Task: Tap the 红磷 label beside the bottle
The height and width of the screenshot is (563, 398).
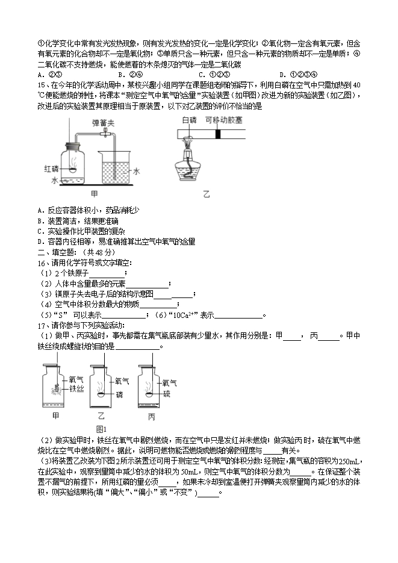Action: (x=51, y=168)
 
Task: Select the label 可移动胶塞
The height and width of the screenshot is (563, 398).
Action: (x=222, y=120)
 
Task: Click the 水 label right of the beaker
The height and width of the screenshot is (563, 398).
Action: (x=137, y=171)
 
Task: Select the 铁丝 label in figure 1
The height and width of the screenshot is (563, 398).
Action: (x=75, y=389)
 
